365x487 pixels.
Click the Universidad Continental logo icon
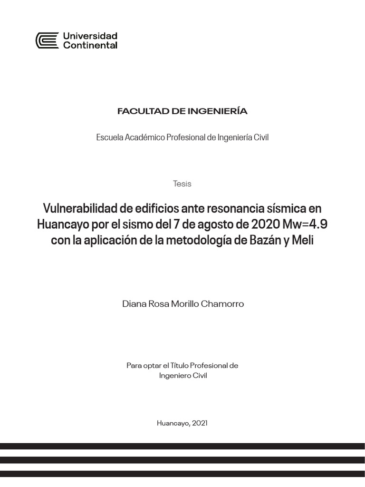click(47, 40)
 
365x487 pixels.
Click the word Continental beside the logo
click(90, 46)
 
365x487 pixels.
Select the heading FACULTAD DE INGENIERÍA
click(182, 111)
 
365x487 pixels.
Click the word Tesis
click(182, 184)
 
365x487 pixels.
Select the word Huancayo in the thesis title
click(62, 224)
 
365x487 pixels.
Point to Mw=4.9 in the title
click(305, 224)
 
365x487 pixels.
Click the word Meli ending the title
click(303, 241)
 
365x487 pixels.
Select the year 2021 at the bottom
click(200, 423)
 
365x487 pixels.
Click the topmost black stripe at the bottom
click(182, 447)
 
